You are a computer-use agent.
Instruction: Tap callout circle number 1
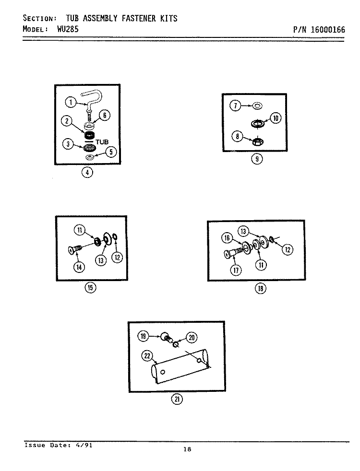[71, 103]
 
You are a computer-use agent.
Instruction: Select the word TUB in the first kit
[102, 142]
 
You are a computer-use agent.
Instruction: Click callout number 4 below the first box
[87, 172]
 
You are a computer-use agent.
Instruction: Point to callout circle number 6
[105, 115]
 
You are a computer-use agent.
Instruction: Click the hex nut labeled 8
[258, 141]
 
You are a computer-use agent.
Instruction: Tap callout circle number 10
[276, 118]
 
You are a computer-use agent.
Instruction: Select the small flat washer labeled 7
[257, 106]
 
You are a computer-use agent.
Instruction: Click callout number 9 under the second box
[257, 159]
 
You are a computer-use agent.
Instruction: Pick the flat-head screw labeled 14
[75, 249]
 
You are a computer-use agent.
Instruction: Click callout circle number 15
[90, 288]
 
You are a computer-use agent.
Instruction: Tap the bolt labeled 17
[233, 253]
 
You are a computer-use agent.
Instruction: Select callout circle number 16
[227, 238]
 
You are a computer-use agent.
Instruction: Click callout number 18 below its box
[261, 289]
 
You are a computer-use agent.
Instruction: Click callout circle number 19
[143, 336]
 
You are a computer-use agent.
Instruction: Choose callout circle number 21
[177, 399]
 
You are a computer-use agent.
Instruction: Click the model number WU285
[68, 29]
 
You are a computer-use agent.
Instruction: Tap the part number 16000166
[328, 30]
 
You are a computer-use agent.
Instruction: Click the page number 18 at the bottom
[187, 449]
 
